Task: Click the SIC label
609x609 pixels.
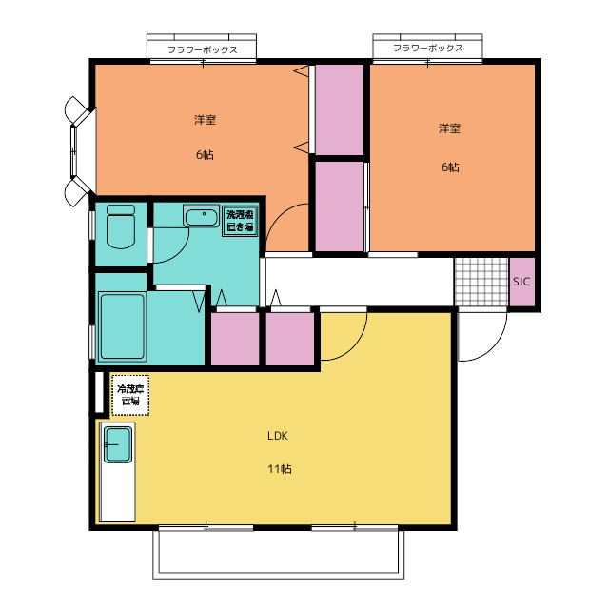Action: (x=521, y=282)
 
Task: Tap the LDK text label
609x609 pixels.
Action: (x=278, y=436)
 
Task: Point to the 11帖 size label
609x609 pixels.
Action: (x=280, y=469)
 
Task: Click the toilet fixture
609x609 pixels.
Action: (x=121, y=226)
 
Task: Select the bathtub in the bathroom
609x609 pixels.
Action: (x=122, y=326)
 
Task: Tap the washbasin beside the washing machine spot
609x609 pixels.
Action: (x=201, y=216)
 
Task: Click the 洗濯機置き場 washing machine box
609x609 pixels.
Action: (x=240, y=221)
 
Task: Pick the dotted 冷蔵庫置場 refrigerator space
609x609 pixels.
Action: (x=130, y=395)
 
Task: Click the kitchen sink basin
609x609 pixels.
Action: (x=118, y=445)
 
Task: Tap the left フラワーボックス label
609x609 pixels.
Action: (x=202, y=49)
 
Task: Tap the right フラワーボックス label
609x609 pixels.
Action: (x=427, y=48)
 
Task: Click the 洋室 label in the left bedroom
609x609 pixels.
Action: (x=205, y=119)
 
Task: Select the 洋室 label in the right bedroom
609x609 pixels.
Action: (x=449, y=128)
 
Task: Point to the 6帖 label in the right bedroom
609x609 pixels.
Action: (x=450, y=167)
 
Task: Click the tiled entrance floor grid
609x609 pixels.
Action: (x=481, y=282)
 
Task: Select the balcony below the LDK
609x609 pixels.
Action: (x=278, y=554)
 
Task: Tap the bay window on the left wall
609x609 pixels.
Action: (x=80, y=151)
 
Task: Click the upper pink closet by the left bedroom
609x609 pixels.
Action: (x=339, y=109)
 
